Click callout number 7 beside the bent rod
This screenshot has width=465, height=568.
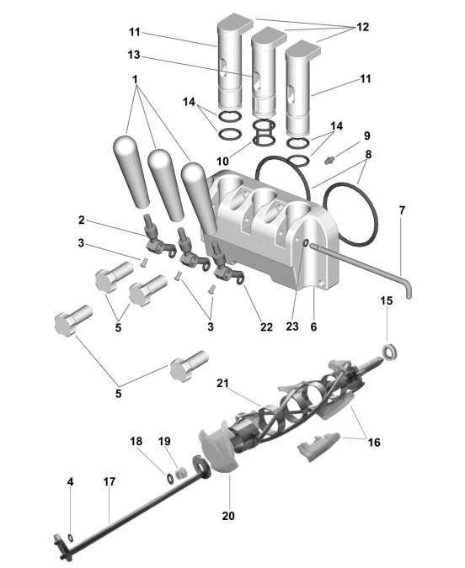tap(402, 210)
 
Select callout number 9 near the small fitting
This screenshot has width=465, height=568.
tap(367, 135)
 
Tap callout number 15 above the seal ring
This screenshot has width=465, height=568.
tap(387, 300)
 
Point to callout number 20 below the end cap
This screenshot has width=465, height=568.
tap(228, 516)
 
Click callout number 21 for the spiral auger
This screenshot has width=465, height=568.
tap(222, 383)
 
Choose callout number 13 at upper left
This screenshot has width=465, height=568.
tap(134, 55)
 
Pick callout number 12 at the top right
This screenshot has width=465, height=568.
tap(363, 27)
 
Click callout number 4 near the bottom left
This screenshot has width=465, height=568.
tap(71, 482)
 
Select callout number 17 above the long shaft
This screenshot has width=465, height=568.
tap(110, 482)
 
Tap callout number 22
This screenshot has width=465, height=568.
tap(266, 327)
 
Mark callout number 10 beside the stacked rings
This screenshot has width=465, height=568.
tap(222, 162)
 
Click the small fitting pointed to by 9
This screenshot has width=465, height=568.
tap(330, 159)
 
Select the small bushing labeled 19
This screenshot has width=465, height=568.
tap(180, 473)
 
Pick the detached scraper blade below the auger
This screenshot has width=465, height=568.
tap(318, 445)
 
